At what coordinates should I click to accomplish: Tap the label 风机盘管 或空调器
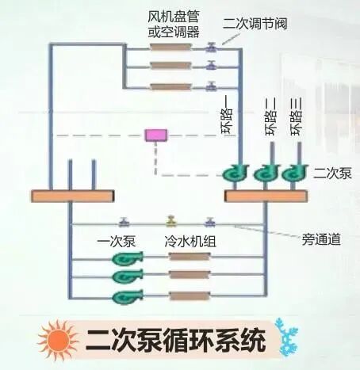171,24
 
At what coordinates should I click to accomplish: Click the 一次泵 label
116,239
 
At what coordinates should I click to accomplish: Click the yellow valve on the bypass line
170,222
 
